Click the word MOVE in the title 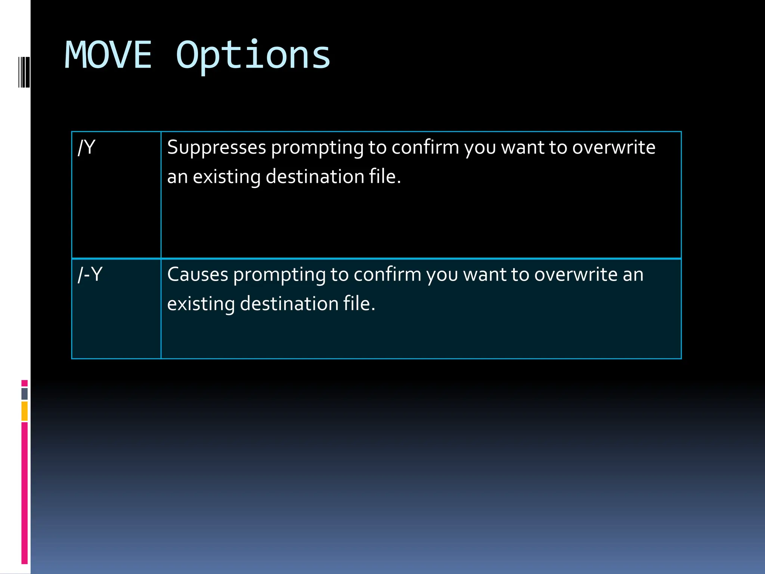point(108,55)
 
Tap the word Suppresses point(217,147)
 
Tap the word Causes point(198,274)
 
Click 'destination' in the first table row point(315,176)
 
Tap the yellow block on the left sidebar point(25,411)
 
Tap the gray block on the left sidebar point(25,394)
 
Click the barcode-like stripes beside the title point(24,72)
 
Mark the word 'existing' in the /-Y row point(201,303)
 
